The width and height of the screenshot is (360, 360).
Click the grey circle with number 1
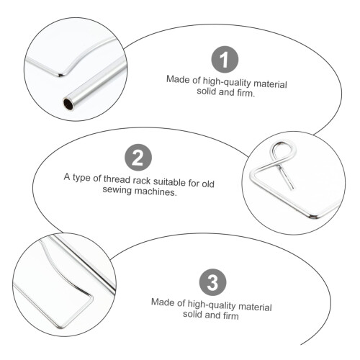(x=225, y=60)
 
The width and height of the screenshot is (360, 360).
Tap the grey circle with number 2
(x=138, y=157)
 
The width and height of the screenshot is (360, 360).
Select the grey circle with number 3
(x=213, y=282)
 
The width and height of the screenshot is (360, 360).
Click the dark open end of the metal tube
(x=68, y=104)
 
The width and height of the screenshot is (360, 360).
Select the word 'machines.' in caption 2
(x=156, y=192)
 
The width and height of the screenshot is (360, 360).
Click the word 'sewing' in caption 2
(x=117, y=190)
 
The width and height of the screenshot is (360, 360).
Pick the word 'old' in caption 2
(x=208, y=184)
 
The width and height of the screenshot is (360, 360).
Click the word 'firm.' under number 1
(x=246, y=93)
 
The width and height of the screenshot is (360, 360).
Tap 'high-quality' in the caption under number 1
(x=227, y=82)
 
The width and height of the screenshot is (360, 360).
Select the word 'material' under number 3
(x=255, y=307)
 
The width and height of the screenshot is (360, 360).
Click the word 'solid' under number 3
(x=192, y=314)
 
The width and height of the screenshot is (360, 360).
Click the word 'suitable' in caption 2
(x=169, y=181)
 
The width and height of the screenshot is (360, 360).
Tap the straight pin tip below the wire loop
(x=293, y=189)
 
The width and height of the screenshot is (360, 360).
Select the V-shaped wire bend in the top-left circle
(x=60, y=75)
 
